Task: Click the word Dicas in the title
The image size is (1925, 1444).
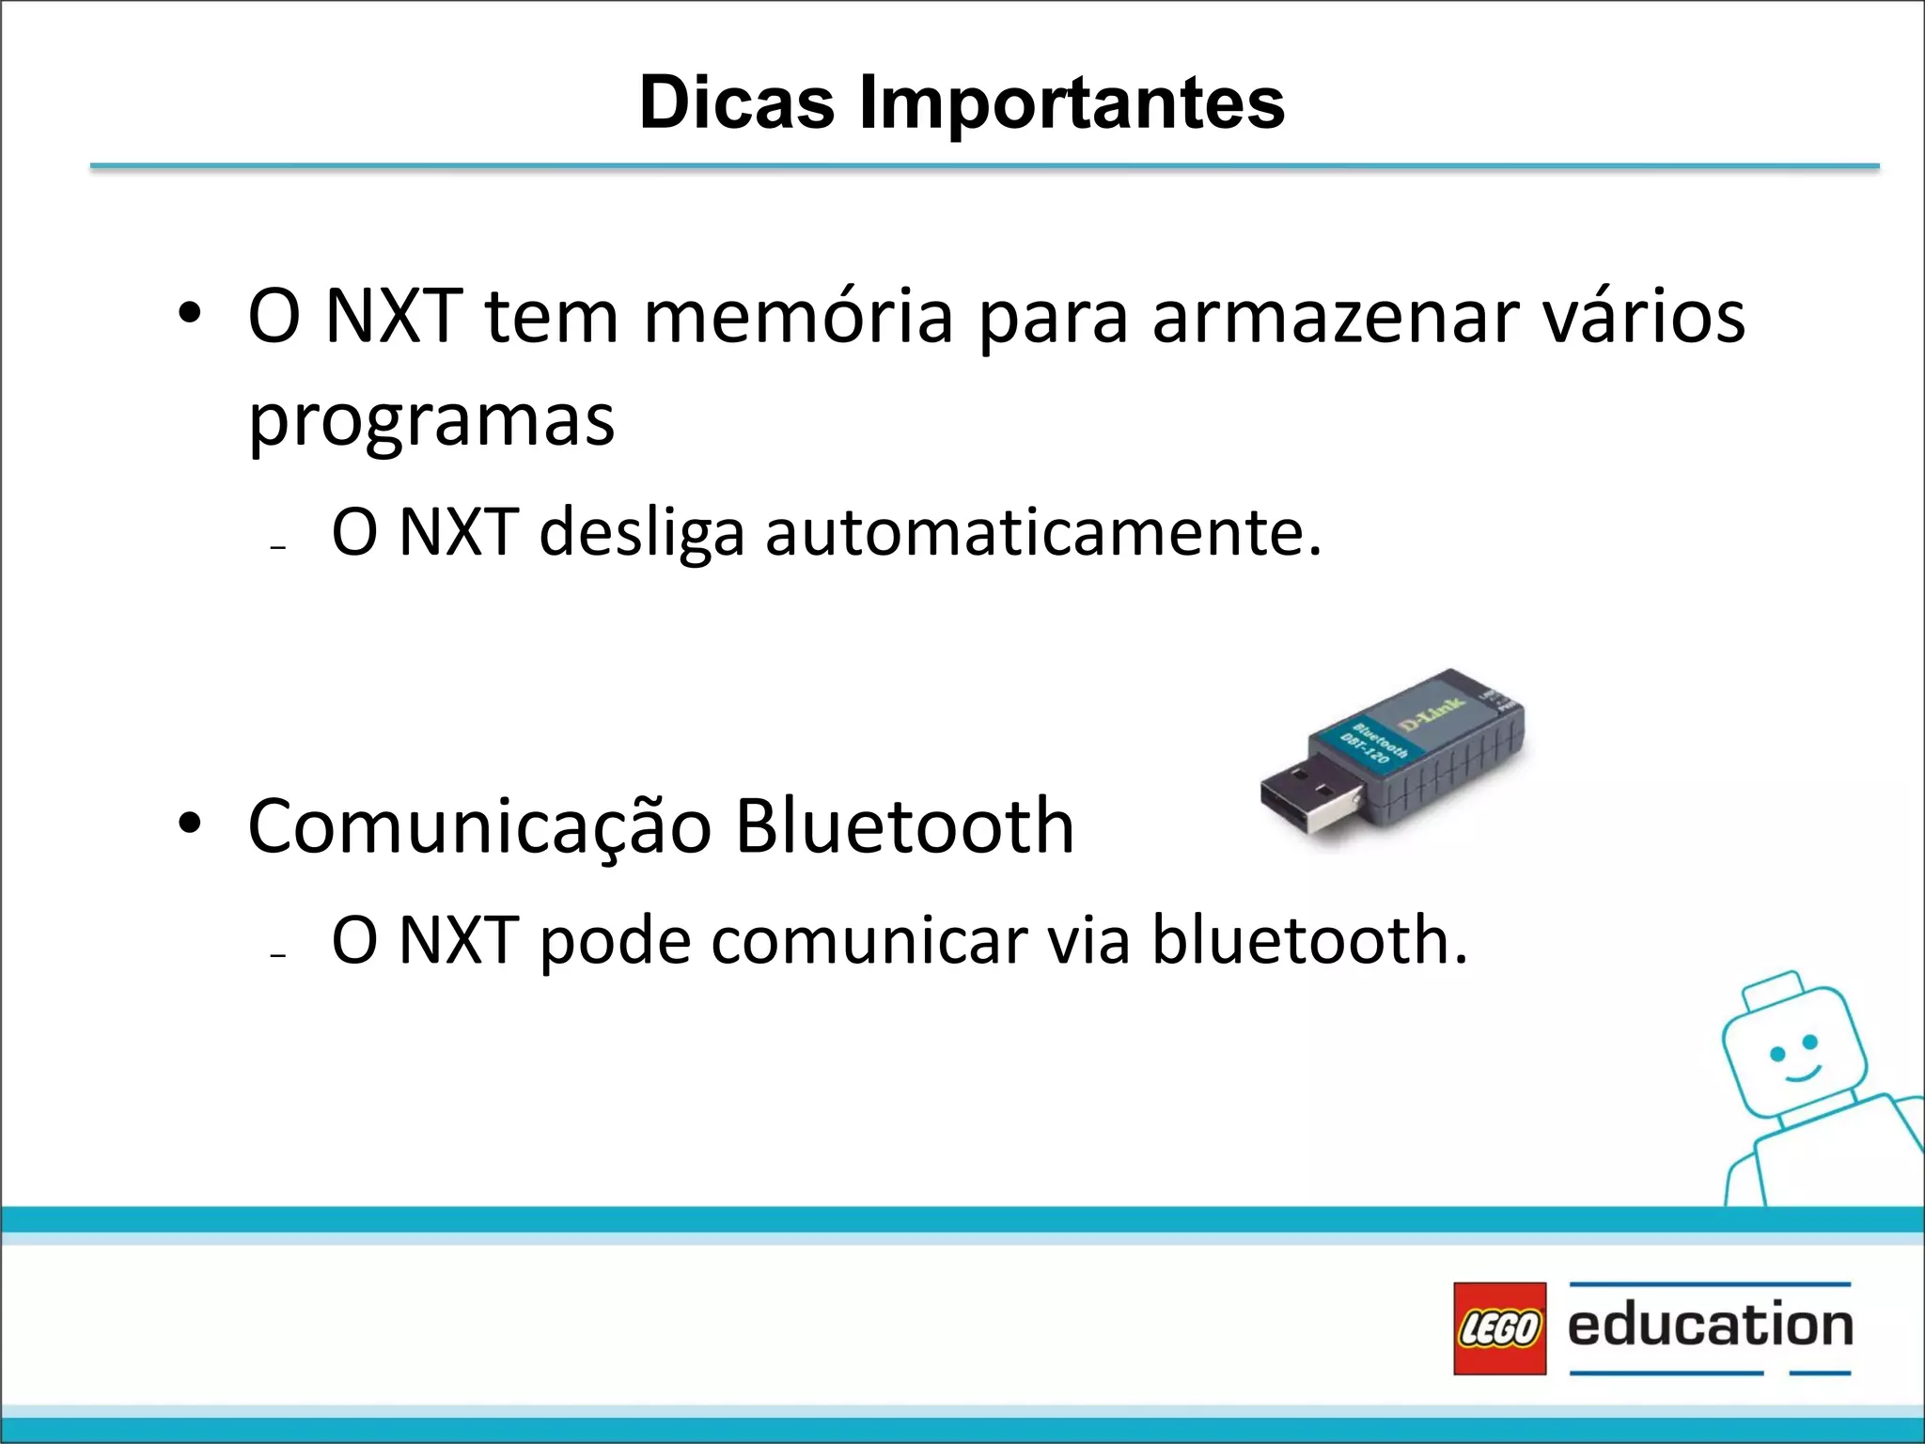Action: coord(736,102)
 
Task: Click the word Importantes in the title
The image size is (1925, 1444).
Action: coord(1072,102)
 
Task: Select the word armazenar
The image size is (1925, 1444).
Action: coord(1335,316)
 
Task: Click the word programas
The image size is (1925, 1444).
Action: coord(431,421)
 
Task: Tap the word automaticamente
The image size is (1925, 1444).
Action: coord(1043,533)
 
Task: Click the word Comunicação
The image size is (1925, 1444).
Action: coord(479,826)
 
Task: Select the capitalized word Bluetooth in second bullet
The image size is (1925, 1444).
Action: coord(904,826)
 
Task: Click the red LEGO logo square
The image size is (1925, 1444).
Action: coord(1499,1328)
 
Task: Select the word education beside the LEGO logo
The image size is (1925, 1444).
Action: coord(1710,1326)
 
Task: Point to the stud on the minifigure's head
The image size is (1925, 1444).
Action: coord(1773,988)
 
